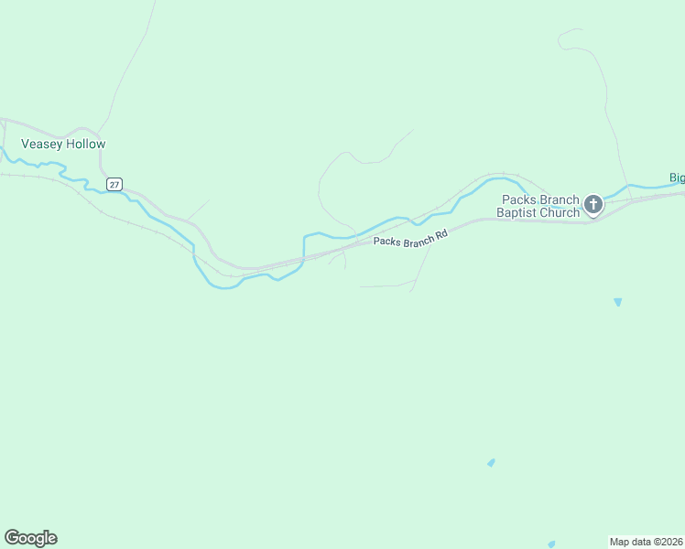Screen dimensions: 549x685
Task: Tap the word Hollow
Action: [x=85, y=145]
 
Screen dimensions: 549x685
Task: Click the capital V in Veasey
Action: [x=25, y=145]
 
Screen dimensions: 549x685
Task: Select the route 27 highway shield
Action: [x=114, y=184]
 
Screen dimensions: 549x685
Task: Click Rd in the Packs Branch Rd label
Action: [x=440, y=235]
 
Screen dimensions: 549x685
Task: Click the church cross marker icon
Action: [x=593, y=204]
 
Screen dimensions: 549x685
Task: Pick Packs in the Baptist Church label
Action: [x=517, y=200]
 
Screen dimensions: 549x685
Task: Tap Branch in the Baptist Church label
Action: [x=559, y=200]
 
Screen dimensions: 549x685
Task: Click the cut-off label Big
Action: [x=677, y=178]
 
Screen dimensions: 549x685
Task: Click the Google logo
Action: [x=30, y=538]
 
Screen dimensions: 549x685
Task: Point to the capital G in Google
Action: [x=12, y=538]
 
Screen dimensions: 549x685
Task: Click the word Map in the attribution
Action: [x=620, y=541]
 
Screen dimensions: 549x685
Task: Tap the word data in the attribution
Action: [x=639, y=541]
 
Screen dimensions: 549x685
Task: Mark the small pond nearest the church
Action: [x=618, y=302]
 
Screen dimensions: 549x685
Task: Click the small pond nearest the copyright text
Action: [x=550, y=544]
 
